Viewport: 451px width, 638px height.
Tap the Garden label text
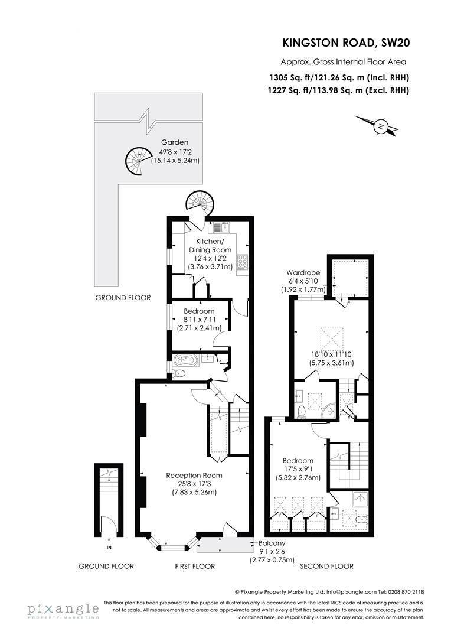[x=175, y=142]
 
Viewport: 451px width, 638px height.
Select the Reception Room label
[x=194, y=475]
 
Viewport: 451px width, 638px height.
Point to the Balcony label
[x=272, y=543]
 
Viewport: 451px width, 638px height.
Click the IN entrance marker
[x=108, y=548]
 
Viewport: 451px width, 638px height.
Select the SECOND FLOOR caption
[x=326, y=566]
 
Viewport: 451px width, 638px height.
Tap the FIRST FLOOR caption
[x=195, y=566]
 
